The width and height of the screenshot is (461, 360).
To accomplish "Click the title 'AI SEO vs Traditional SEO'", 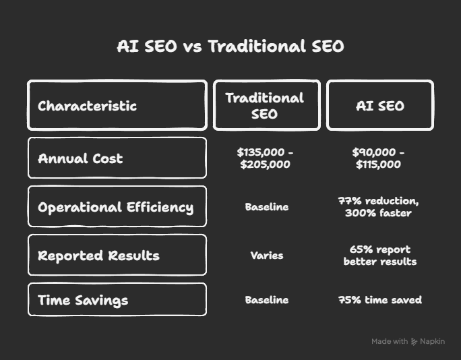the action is (230, 46).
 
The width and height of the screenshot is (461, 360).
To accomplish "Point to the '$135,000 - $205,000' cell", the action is (265, 158).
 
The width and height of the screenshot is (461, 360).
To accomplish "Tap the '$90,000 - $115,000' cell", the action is (378, 158).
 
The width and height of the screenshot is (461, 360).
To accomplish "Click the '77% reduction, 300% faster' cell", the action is (378, 207).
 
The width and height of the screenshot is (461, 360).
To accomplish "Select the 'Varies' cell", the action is (267, 256).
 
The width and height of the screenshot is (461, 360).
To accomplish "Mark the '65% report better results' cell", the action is (380, 256).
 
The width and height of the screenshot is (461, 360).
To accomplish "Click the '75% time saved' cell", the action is (380, 300).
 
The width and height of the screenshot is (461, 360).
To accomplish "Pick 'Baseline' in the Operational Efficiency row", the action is (267, 207).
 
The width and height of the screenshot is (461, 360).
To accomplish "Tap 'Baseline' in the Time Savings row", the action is (267, 300).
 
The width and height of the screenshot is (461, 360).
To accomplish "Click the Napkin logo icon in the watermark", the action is (414, 342).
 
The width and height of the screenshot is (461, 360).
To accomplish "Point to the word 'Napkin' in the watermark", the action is (432, 342).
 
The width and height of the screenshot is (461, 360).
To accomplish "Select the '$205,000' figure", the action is (265, 164).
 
